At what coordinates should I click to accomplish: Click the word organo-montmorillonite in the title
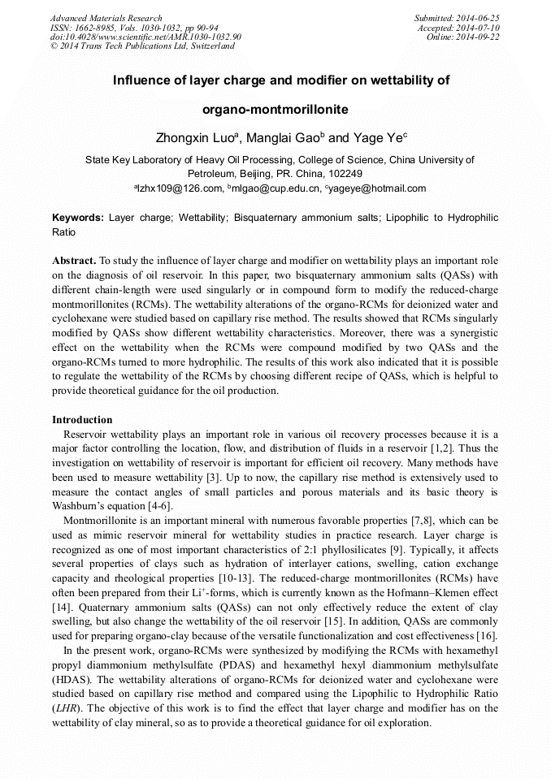(x=275, y=109)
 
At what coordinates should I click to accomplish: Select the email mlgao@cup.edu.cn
(x=275, y=188)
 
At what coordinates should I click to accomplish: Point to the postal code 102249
(x=344, y=174)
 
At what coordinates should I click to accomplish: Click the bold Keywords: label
(x=78, y=218)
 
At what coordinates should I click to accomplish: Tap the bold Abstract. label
(x=74, y=261)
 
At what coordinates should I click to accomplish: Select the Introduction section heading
(x=82, y=420)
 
